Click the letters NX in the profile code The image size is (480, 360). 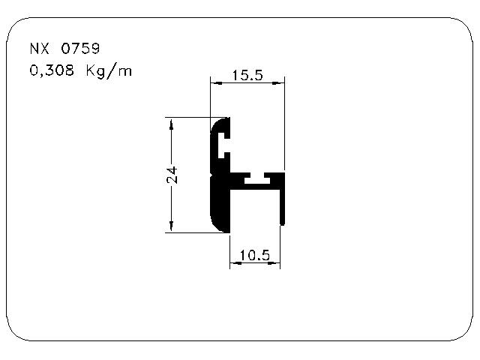[x=40, y=49]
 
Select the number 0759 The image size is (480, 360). [x=80, y=49]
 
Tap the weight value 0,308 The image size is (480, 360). [x=52, y=70]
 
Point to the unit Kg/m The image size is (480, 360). [x=109, y=71]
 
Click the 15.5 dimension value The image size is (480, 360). [x=247, y=75]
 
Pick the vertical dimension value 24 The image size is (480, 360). [x=172, y=175]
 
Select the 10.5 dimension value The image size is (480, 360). [x=255, y=255]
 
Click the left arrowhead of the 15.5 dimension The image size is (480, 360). [x=216, y=82]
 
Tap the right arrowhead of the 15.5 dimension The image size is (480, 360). [x=278, y=82]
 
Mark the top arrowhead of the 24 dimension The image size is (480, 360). [x=171, y=124]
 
